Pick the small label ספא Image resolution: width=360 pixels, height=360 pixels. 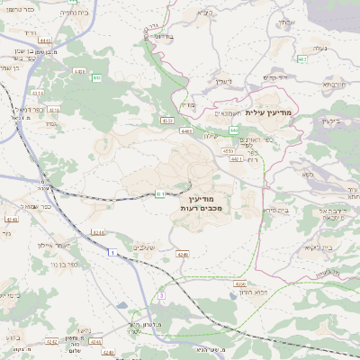pos(308,173)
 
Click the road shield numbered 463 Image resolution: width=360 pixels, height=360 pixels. pos(302,59)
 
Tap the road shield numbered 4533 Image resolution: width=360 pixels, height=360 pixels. pos(166,119)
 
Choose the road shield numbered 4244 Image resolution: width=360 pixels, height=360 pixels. pos(98,232)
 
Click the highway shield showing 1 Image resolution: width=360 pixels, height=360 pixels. pos(112,254)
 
